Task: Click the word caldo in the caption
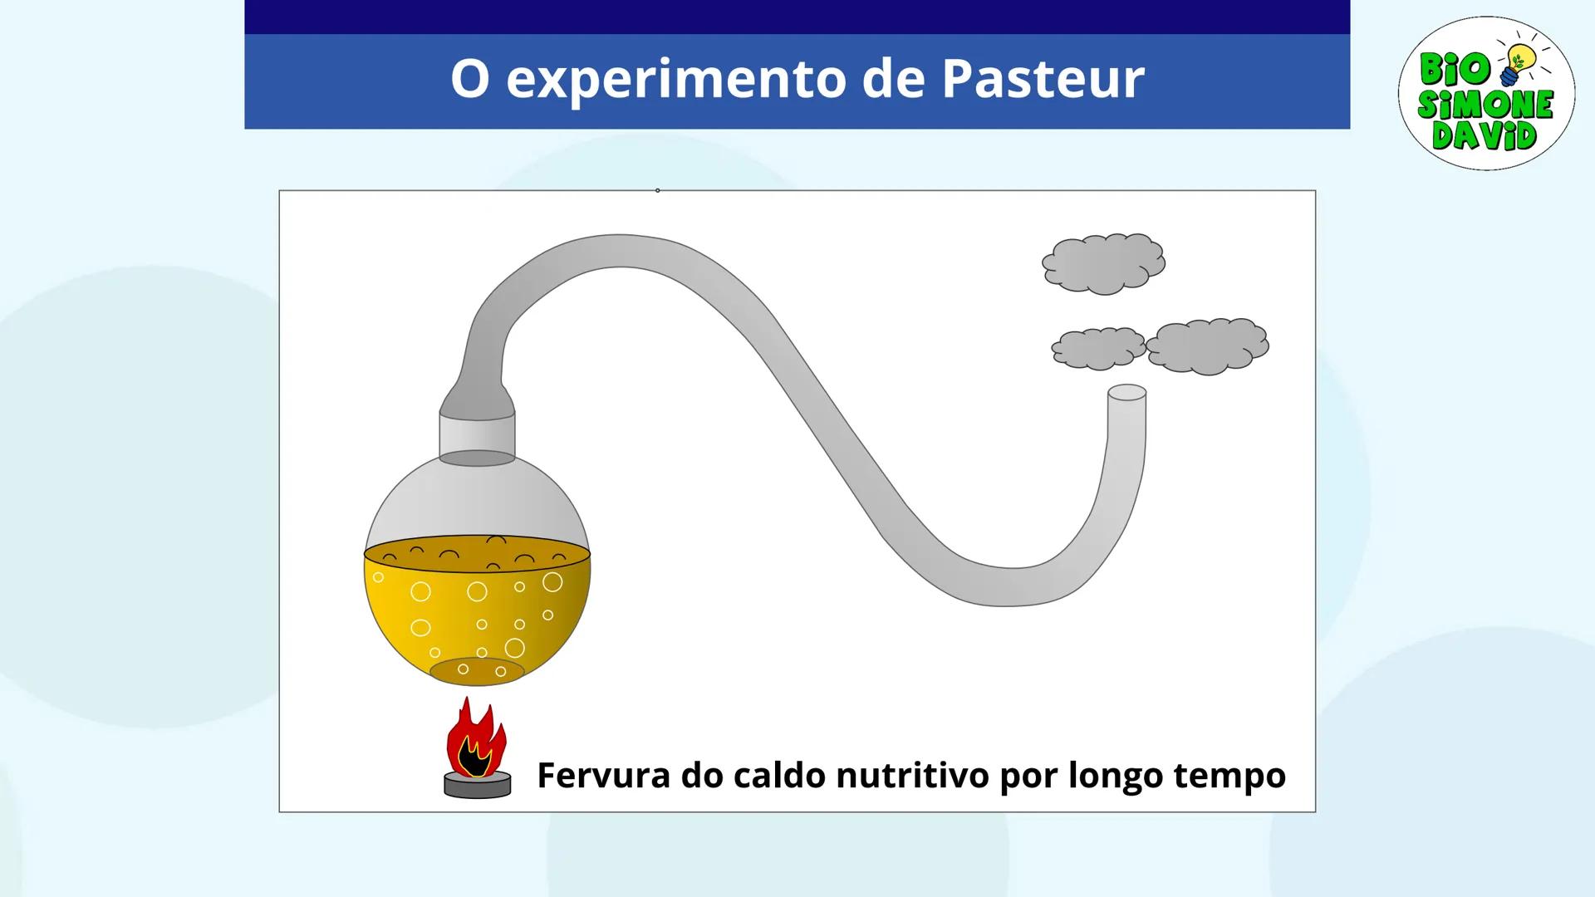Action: (x=780, y=775)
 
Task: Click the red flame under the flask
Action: (x=475, y=739)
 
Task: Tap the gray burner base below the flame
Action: (x=478, y=785)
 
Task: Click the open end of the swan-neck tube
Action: (x=1127, y=393)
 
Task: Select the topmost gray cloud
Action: (x=1103, y=263)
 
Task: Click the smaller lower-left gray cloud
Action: (x=1097, y=348)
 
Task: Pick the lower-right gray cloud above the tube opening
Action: (x=1207, y=346)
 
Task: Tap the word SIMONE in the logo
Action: (x=1485, y=104)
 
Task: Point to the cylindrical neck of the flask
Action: (x=477, y=434)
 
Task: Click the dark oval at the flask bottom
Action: (x=477, y=671)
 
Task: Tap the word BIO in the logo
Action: (x=1455, y=68)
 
